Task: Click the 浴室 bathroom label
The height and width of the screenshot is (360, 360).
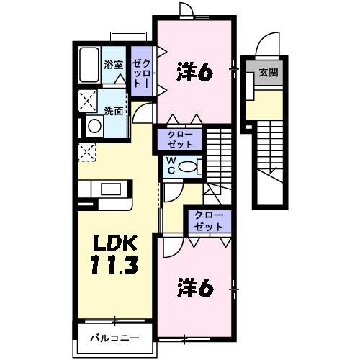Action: coord(113,65)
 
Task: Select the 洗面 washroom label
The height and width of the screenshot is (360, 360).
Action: coord(114,112)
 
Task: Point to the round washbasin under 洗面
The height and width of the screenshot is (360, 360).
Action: coord(94,126)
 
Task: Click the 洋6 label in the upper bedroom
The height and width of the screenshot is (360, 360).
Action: coord(194,72)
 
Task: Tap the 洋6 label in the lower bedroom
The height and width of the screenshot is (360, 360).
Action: coord(194,287)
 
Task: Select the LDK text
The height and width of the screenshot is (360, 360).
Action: coord(112,242)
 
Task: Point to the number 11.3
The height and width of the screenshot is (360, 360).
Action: coord(112,267)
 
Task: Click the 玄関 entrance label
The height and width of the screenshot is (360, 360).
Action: coord(268,72)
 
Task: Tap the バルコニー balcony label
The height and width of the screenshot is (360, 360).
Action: coord(114,338)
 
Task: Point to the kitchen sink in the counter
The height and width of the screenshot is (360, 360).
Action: coord(112,189)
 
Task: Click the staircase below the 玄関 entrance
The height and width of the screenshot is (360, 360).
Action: coord(274,158)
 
